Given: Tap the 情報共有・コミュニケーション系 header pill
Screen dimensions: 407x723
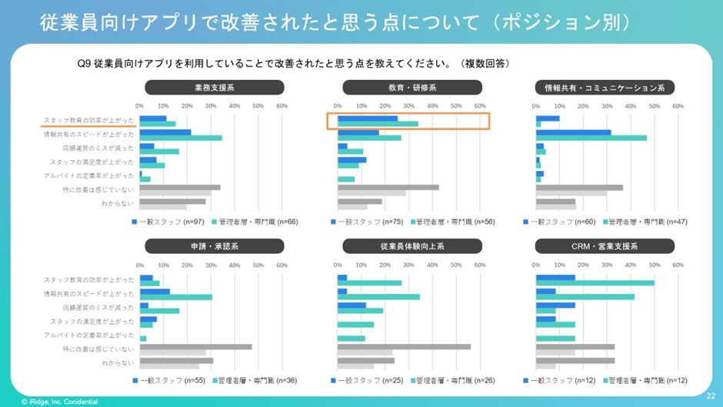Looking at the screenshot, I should (605, 88).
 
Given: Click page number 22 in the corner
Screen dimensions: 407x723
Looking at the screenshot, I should (710, 396).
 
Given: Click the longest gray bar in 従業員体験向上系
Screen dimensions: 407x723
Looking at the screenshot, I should (405, 347).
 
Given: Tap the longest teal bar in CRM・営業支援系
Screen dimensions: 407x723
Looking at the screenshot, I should (595, 282).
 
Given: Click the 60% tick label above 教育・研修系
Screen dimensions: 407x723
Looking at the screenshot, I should (480, 106).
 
